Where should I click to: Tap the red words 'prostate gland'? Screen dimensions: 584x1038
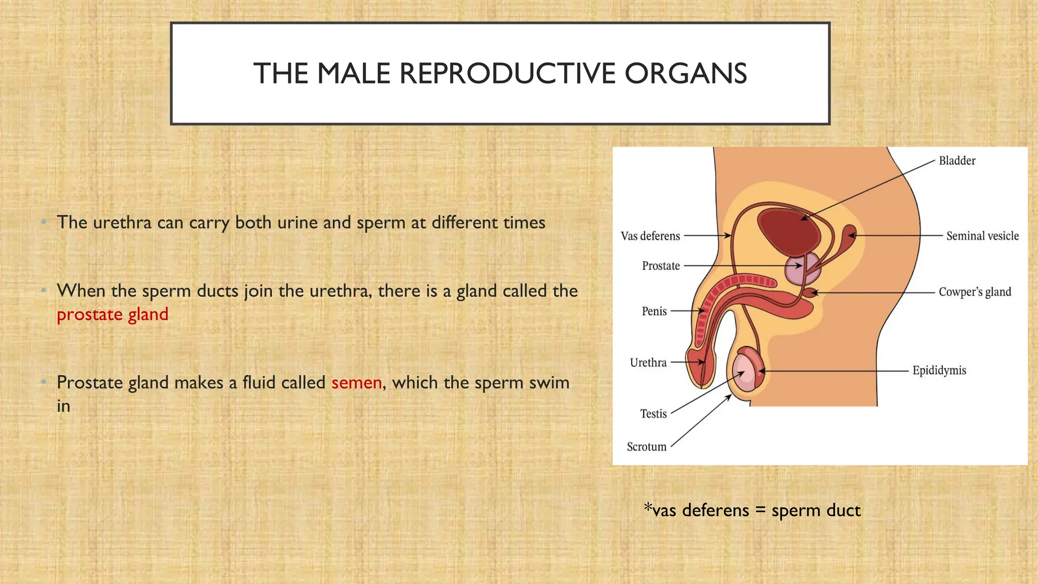click(x=112, y=315)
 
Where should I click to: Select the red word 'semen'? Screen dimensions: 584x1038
click(x=356, y=383)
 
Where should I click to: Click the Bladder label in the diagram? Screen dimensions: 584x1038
click(x=956, y=161)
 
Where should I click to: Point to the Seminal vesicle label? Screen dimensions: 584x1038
click(x=982, y=236)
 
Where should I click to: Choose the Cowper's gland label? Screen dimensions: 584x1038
click(x=974, y=292)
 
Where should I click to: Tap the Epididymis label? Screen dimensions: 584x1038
click(x=939, y=371)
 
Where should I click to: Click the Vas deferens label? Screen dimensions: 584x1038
click(x=650, y=236)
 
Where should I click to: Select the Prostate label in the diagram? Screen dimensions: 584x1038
click(x=660, y=266)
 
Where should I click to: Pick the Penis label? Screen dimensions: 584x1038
click(x=654, y=311)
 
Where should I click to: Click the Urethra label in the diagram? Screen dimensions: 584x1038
click(x=648, y=363)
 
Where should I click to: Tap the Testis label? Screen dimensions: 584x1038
click(x=653, y=414)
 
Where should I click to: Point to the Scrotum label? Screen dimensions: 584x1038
click(x=646, y=447)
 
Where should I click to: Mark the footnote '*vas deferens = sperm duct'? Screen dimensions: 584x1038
click(x=752, y=510)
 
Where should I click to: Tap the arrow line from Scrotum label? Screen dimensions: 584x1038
click(x=700, y=422)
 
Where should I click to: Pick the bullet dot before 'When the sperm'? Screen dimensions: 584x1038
click(x=44, y=290)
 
